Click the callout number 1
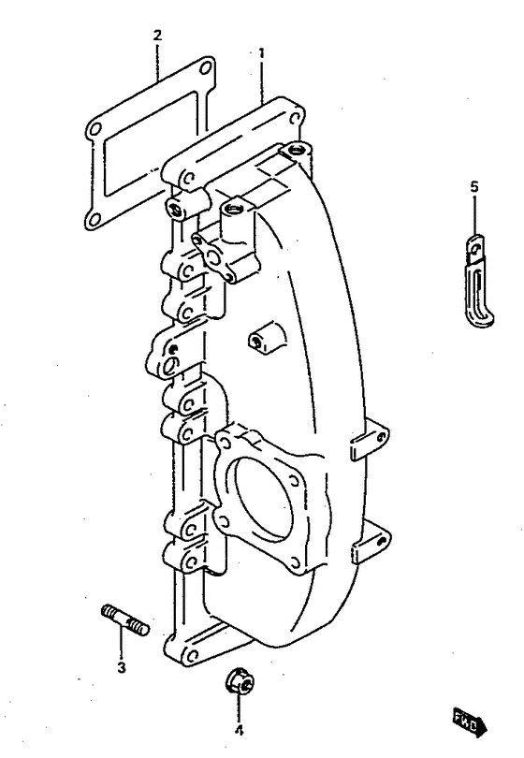coord(261,52)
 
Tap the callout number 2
coord(157,36)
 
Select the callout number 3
coord(122,667)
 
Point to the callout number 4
coord(239,731)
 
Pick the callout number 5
coord(474,186)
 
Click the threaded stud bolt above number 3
coord(125,619)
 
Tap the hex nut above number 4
coord(240,682)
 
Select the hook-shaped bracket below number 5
coord(477,280)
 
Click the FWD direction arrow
coord(470,723)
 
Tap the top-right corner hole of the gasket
coord(205,66)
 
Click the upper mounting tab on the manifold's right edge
coord(370,440)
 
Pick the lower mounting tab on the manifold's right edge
coord(371,543)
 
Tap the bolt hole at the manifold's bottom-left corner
coord(192,655)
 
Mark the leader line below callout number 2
coord(157,62)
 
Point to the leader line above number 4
coord(239,708)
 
